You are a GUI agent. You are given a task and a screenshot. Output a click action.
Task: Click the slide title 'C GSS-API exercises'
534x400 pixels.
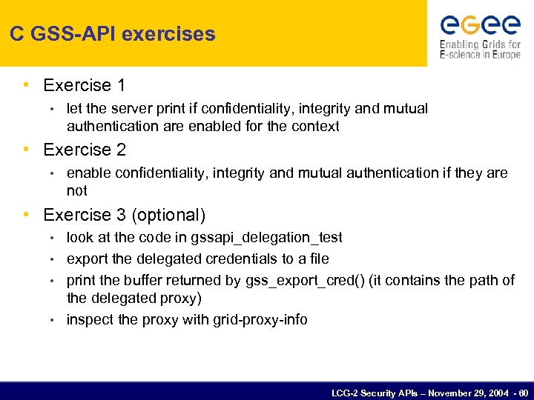[x=113, y=34]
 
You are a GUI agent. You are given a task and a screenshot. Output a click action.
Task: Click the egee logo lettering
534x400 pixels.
[x=480, y=25]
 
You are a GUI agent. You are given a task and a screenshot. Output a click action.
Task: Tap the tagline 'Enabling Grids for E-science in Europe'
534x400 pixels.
[x=480, y=49]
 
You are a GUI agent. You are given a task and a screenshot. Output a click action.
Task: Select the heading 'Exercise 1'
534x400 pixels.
[x=84, y=85]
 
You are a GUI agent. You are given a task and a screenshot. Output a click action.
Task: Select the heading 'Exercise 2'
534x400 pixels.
[x=85, y=150]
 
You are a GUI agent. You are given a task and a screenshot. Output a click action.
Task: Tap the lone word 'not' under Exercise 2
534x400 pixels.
[x=77, y=190]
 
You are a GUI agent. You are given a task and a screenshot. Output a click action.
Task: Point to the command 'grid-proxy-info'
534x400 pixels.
[x=260, y=320]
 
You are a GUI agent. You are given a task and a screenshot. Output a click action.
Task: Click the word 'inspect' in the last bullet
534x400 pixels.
[x=89, y=320]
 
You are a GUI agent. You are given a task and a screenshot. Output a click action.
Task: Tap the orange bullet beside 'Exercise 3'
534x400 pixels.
[x=27, y=214]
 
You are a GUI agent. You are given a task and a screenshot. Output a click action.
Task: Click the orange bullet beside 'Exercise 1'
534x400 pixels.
[x=27, y=84]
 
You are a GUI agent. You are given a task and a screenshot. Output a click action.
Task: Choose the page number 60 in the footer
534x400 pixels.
[x=524, y=392]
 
